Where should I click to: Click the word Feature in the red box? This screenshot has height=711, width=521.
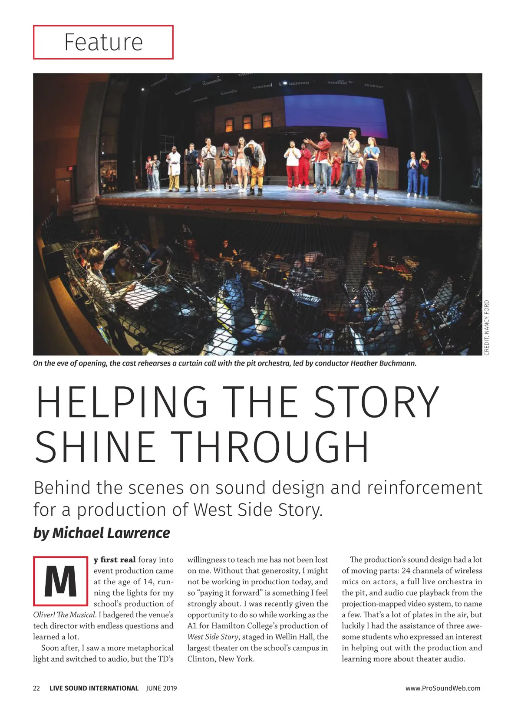tap(103, 42)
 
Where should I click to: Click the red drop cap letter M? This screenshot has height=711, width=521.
tap(60, 581)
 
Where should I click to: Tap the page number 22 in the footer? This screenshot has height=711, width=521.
tap(36, 688)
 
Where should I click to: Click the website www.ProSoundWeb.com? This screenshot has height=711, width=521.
tap(443, 688)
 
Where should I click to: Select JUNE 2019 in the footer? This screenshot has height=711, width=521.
tap(162, 688)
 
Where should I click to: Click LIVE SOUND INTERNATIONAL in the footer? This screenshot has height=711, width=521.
tap(94, 688)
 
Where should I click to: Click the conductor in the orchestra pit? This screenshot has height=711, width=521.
tap(98, 278)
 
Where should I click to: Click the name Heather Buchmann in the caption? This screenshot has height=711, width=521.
tap(383, 363)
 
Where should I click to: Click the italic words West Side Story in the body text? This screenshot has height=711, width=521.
tap(213, 637)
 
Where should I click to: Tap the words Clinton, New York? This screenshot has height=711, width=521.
tap(221, 658)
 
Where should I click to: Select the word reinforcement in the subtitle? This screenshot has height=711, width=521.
tap(425, 488)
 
